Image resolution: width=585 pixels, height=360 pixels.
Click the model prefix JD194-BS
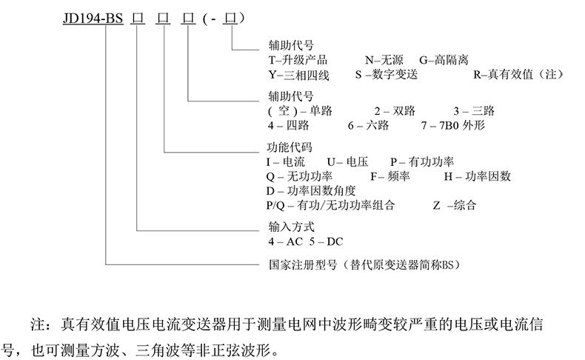coord(89,17)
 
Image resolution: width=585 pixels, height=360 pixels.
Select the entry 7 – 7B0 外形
coord(466,126)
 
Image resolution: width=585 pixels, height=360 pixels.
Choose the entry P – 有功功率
coord(423,161)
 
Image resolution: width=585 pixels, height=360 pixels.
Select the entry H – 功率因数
coord(478,176)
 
